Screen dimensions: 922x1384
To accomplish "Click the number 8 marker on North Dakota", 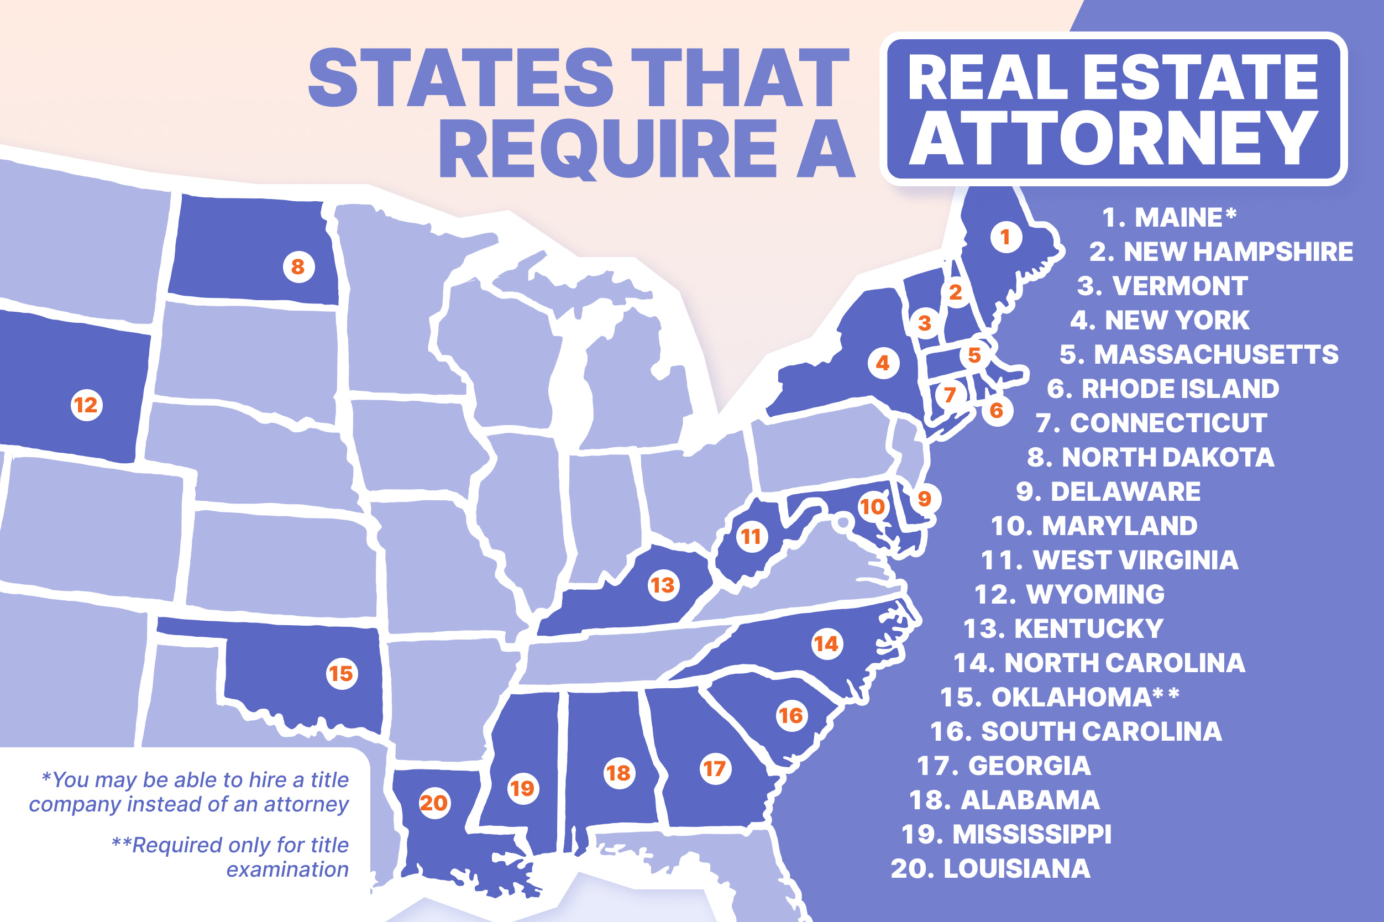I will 298,267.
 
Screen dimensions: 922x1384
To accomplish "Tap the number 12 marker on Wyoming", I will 86,405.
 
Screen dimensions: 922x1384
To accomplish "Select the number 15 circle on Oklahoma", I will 342,673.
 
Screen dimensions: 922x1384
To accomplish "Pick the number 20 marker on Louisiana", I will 434,803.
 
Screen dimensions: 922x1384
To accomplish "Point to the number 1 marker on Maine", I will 1005,237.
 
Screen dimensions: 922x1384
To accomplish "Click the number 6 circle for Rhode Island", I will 997,411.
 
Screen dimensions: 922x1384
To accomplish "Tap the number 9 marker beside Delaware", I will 924,499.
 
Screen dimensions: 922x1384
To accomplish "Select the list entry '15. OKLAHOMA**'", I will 1060,698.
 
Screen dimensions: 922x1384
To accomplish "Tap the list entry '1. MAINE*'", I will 1169,218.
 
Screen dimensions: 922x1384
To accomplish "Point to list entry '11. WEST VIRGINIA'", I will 1109,560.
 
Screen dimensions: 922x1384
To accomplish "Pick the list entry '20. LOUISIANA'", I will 990,868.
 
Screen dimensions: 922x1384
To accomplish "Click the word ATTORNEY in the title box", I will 1113,139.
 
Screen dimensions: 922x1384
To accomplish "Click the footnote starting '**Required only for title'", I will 230,857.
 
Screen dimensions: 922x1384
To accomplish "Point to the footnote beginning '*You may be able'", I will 190,792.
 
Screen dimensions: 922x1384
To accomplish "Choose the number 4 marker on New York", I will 883,363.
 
